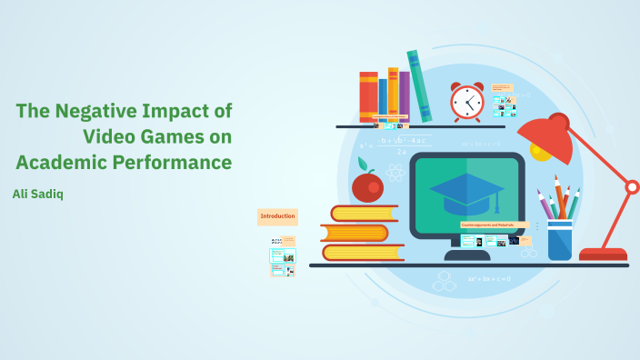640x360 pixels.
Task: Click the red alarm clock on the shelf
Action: pos(467,102)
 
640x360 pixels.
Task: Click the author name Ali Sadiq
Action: pos(38,194)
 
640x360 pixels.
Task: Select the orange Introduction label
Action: pos(277,216)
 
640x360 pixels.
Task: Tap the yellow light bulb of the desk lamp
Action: pos(542,151)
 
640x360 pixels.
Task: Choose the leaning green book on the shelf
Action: pos(419,86)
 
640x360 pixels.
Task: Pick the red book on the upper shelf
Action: pos(368,96)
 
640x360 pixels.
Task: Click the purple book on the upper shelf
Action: pos(405,96)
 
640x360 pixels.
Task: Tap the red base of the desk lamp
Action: pos(603,255)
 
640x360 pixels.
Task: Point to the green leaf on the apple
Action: pos(362,165)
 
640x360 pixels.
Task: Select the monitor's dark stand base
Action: pos(467,255)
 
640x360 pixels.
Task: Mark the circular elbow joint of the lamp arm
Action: pos(632,187)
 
